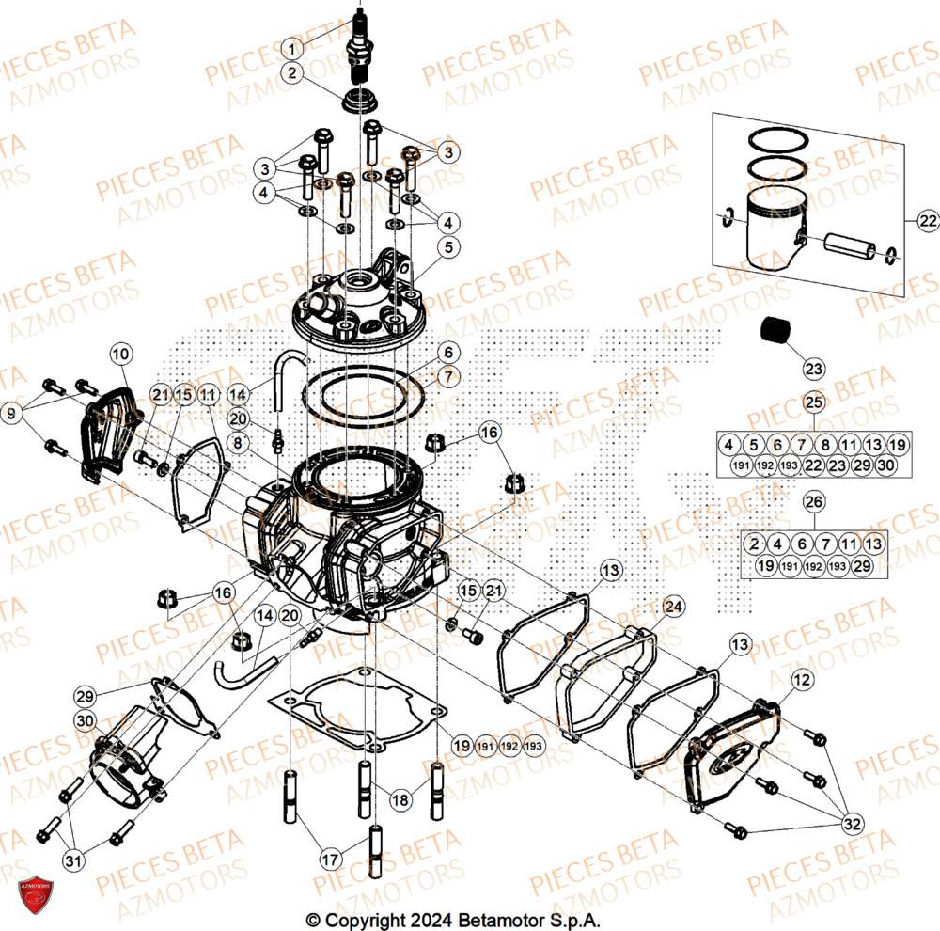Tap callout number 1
click(294, 47)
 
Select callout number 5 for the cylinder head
click(448, 247)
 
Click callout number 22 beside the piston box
click(927, 221)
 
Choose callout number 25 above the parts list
click(813, 402)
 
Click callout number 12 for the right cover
click(801, 678)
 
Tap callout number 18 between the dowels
click(400, 799)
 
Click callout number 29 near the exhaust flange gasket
click(86, 695)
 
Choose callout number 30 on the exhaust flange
click(86, 721)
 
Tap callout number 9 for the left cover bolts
click(10, 411)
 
